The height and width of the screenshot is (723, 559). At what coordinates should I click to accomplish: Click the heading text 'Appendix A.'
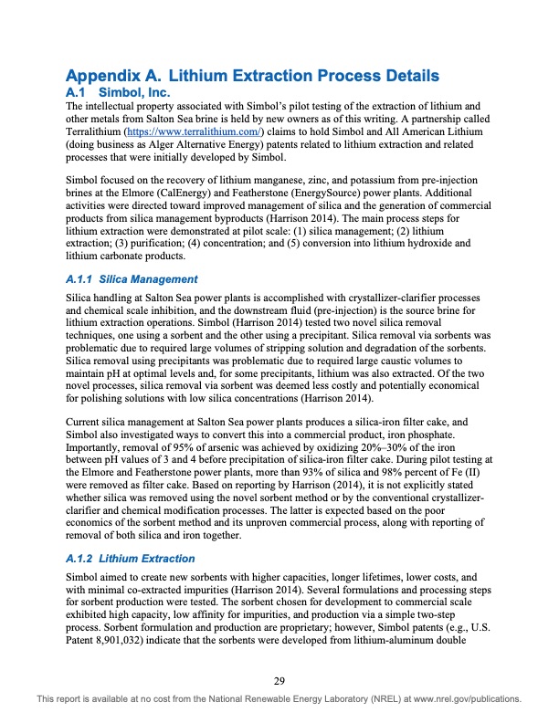pyautogui.click(x=114, y=76)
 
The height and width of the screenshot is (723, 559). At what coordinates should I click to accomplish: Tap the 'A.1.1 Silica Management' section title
pyautogui.click(x=132, y=279)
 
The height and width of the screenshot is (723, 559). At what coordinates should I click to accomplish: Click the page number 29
pyautogui.click(x=279, y=678)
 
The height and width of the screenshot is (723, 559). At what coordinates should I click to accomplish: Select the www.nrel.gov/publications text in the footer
pyautogui.click(x=467, y=699)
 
